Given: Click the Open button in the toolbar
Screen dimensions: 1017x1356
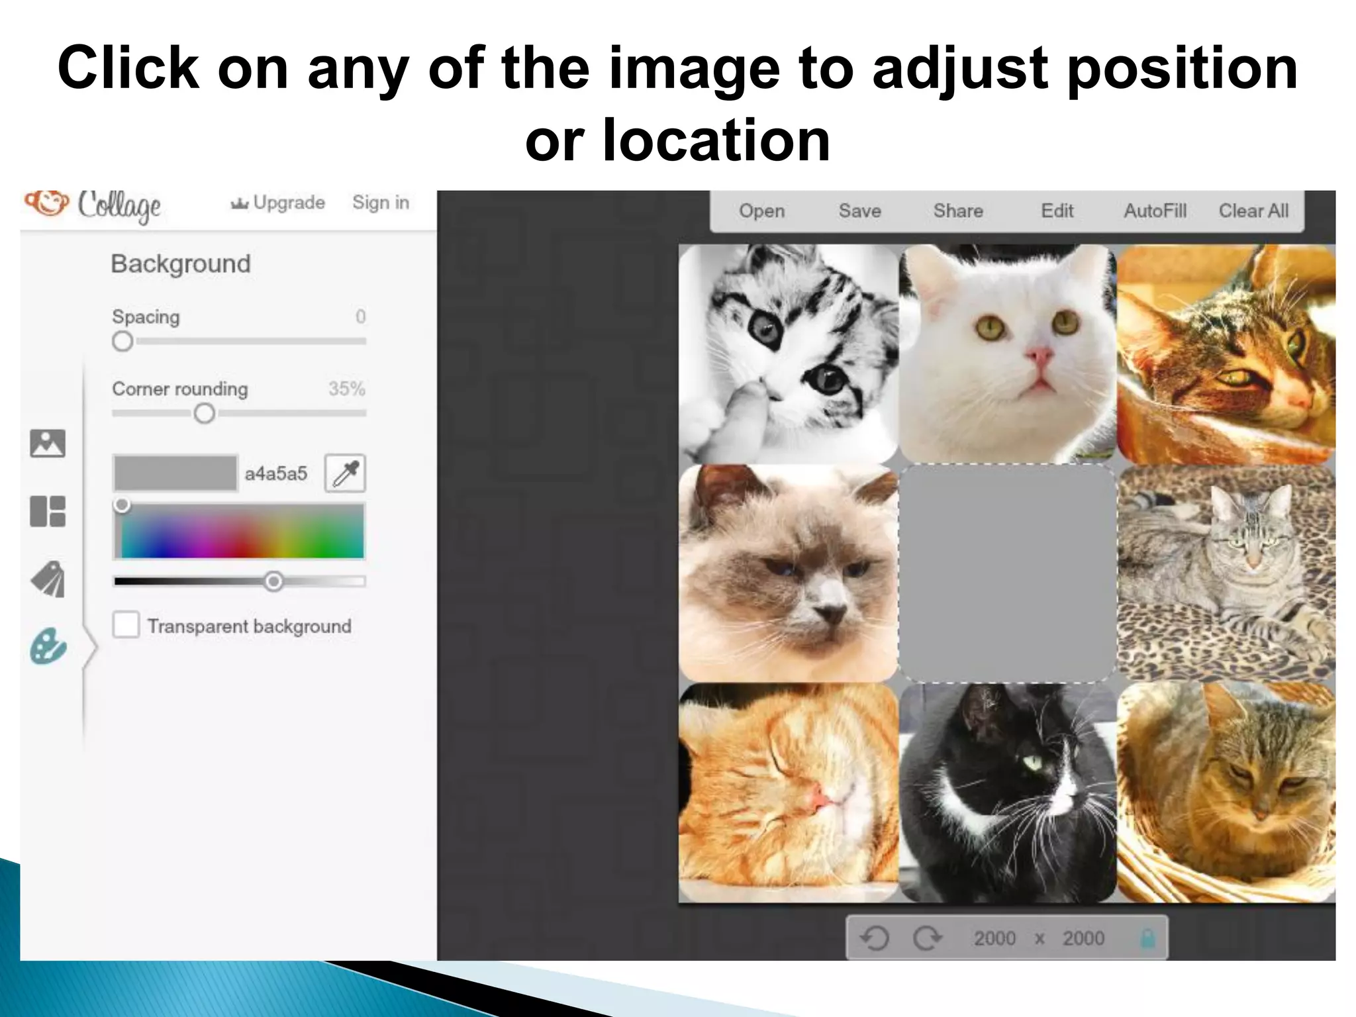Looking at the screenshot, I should coord(761,211).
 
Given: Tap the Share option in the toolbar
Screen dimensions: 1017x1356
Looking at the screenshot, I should coord(957,211).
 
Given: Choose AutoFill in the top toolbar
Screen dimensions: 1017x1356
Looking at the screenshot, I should coord(1155,211).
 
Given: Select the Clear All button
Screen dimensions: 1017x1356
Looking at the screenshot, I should coord(1253,211).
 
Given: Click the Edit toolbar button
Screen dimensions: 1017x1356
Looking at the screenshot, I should coord(1057,211).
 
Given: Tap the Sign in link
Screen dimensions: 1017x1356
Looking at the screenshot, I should coord(381,203).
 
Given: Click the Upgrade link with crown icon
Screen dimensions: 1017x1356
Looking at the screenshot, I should coord(278,203).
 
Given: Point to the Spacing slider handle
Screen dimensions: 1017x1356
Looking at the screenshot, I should coord(122,342).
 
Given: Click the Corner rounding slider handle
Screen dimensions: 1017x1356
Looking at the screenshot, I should coord(205,414).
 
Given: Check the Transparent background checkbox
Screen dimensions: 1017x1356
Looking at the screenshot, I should coord(126,625).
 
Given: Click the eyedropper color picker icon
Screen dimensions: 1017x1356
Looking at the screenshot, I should coord(345,473).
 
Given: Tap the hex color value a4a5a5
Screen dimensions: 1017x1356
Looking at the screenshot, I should coord(276,474).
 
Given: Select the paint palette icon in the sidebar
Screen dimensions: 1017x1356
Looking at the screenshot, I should coord(48,646).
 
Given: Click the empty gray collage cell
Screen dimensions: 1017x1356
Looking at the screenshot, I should coord(1007,573).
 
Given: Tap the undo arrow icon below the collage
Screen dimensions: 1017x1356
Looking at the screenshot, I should coord(875,938).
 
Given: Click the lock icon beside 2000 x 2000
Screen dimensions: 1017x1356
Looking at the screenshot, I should coord(1147,938).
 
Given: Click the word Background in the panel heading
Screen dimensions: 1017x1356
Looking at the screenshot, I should coord(181,264).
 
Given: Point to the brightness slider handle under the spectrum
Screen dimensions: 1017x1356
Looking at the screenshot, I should coord(273,582).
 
